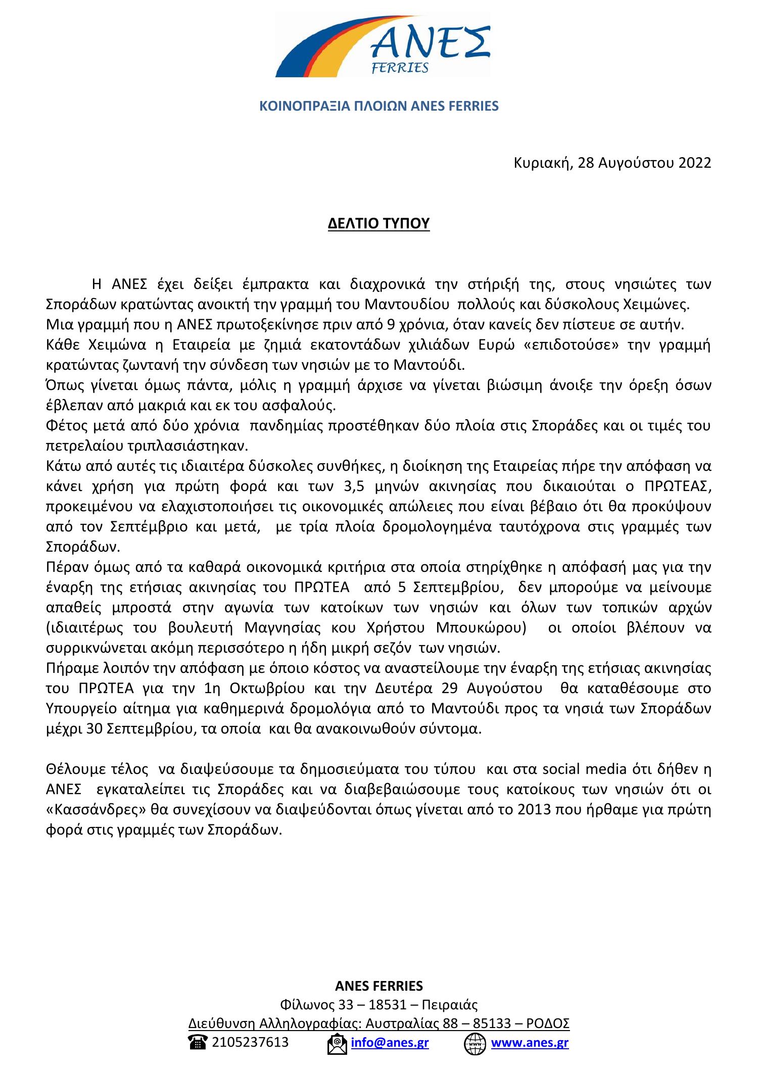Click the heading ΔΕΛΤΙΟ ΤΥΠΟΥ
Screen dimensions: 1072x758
378,223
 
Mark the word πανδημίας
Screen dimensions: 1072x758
287,426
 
